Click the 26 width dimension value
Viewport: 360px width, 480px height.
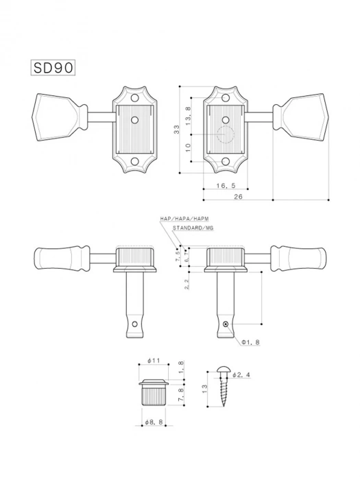pos(238,197)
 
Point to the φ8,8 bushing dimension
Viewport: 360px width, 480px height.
pos(153,422)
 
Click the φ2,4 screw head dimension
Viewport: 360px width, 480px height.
pos(241,375)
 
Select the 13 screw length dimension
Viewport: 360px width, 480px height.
pos(205,389)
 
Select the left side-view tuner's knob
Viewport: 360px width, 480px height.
pos(61,257)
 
